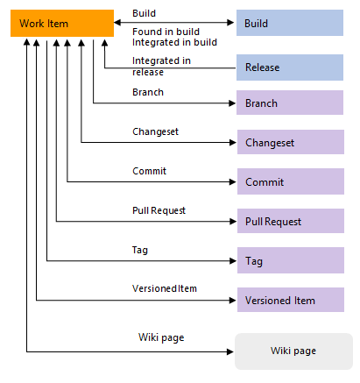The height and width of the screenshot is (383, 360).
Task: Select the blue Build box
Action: (291, 24)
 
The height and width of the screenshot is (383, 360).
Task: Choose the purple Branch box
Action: (291, 103)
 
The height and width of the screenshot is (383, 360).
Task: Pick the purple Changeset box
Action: (291, 142)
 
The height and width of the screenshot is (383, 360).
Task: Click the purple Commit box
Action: (291, 181)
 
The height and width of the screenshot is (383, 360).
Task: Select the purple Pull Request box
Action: (291, 222)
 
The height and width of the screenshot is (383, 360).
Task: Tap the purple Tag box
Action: (291, 260)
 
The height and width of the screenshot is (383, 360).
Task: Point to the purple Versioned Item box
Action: (291, 300)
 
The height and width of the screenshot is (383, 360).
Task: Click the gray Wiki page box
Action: (291, 351)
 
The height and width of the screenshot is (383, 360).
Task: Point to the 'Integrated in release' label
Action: (163, 66)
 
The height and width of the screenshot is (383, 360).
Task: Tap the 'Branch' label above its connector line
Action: (147, 92)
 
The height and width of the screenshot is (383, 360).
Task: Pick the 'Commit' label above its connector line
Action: (149, 171)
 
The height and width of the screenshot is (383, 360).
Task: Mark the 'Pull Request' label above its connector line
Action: (159, 210)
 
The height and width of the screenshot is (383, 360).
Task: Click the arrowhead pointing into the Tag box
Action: (231, 261)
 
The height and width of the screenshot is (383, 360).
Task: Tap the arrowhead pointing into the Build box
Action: (231, 24)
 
